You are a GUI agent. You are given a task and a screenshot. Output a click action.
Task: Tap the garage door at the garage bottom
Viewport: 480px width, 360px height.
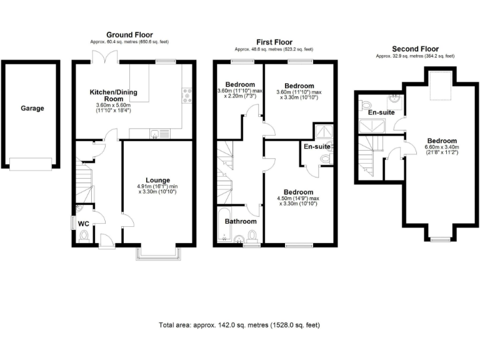pos(31,164)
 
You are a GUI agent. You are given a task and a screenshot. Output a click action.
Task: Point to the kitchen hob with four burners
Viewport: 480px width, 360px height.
pos(186,94)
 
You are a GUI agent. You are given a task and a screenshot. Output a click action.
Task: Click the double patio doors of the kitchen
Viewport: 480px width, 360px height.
pos(103,57)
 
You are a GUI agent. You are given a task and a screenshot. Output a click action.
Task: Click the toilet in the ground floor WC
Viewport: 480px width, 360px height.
pos(84,236)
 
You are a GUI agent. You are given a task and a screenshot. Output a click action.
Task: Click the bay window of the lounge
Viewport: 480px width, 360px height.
pos(159,252)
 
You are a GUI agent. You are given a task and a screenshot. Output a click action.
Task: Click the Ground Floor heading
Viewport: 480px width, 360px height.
pos(129,35)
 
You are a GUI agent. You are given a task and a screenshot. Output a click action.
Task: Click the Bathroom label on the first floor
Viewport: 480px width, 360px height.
pos(241,221)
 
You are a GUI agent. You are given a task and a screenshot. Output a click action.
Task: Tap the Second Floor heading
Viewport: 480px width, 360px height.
pos(415,49)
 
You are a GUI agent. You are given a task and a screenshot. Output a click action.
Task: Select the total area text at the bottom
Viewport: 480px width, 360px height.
pos(239,325)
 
